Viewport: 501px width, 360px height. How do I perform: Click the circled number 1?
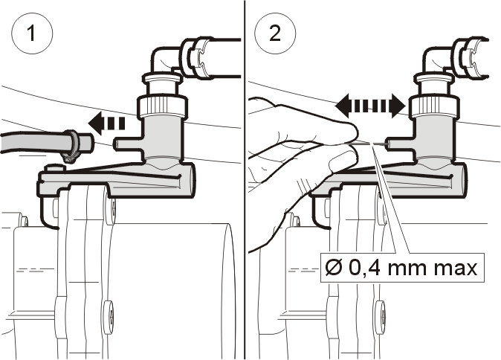pos(32,33)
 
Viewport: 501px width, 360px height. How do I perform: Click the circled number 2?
pos(275,33)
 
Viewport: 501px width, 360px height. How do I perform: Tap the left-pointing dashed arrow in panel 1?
pos(107,123)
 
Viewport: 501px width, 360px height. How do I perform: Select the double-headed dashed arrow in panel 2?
pos(370,106)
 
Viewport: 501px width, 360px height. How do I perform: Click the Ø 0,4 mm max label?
pos(402,268)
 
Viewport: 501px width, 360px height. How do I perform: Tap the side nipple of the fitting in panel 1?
pos(128,144)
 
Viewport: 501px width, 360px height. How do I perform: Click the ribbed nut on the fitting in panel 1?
pos(162,106)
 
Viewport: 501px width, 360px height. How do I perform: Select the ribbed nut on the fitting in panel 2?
pos(433,106)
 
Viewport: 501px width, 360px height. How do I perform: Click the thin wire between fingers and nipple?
pos(371,143)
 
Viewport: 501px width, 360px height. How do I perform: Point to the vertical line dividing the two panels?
pos(245,180)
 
